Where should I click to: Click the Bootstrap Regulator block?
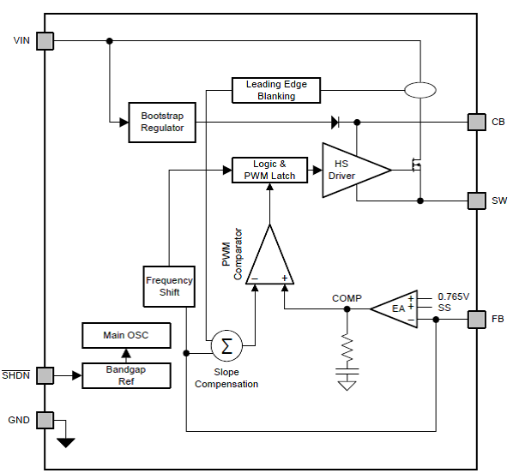(163, 122)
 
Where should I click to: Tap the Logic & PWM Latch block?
(269, 170)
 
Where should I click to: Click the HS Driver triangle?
(350, 171)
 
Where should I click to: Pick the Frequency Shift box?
(169, 286)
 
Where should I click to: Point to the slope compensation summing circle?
(227, 346)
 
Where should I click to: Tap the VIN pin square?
(45, 40)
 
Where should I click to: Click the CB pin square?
(476, 122)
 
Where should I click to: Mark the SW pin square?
(476, 201)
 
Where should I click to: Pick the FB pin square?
(476, 320)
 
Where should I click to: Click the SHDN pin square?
(45, 375)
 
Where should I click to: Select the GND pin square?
(45, 420)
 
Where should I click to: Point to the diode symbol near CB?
(335, 122)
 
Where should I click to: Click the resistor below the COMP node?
(347, 347)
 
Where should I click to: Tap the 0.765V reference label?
(454, 296)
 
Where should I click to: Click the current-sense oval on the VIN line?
(419, 90)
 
